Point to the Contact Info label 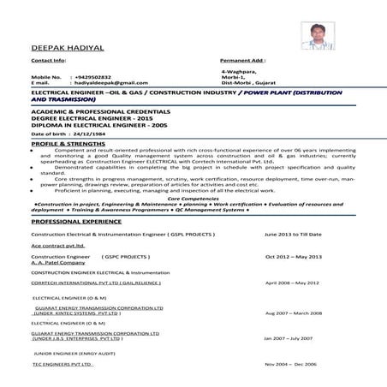click(x=48, y=62)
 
